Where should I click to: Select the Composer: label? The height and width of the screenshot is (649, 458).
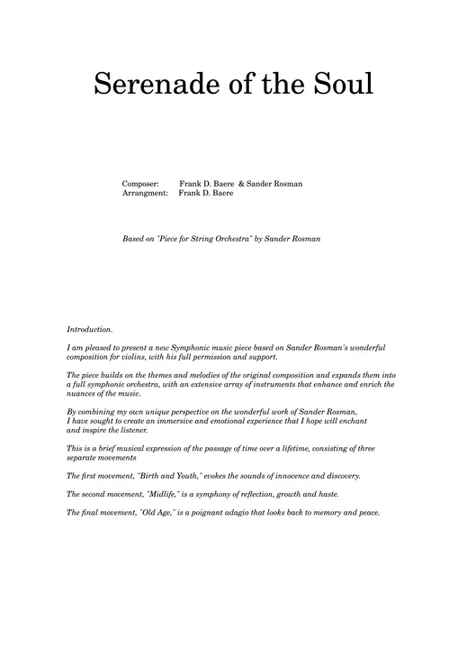(x=140, y=184)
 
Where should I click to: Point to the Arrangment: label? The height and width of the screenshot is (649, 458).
(x=145, y=193)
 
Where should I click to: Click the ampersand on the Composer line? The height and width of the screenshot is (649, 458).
(x=241, y=184)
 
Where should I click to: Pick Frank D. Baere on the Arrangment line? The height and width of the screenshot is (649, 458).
(x=206, y=193)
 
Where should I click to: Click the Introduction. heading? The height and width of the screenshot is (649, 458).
(x=90, y=330)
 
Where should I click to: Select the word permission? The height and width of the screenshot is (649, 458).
(x=215, y=356)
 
